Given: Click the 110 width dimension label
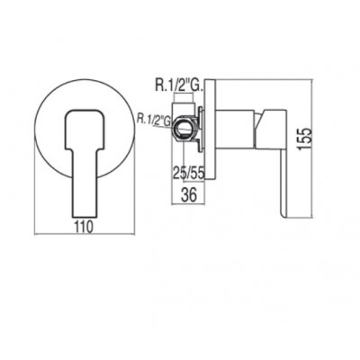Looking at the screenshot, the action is (85, 227).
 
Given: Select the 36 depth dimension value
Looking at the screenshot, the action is (190, 195).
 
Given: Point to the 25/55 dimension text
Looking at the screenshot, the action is (189, 173).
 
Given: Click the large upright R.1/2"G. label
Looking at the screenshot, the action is (180, 85).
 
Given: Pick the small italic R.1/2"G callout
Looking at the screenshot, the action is (154, 119).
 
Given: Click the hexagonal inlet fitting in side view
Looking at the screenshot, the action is (184, 130).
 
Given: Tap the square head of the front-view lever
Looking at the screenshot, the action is (85, 129).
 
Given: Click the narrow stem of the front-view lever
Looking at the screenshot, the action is (85, 183).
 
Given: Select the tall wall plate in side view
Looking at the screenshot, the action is (210, 130).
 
